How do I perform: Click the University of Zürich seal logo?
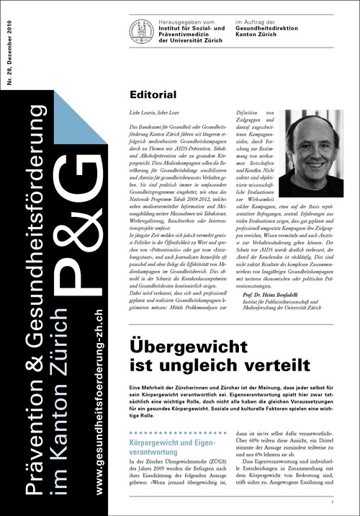[x=142, y=31]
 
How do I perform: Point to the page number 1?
[x=332, y=502]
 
